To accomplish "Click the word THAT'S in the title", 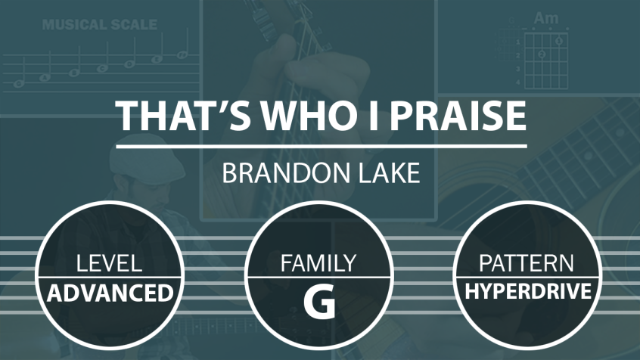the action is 183,115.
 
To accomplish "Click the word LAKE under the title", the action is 389,172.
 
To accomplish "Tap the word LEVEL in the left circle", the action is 110,263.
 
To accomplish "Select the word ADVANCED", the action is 110,293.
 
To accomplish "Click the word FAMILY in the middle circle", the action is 318,263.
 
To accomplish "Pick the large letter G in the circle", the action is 319,302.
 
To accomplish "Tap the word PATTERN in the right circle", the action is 526,263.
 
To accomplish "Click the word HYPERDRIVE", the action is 528,291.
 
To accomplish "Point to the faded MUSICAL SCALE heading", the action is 100,24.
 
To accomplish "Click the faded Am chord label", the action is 546,18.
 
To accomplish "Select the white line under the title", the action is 322,146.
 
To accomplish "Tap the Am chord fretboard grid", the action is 545,61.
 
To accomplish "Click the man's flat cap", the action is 141,154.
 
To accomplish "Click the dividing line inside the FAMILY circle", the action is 318,278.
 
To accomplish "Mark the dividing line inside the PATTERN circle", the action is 527,278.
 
